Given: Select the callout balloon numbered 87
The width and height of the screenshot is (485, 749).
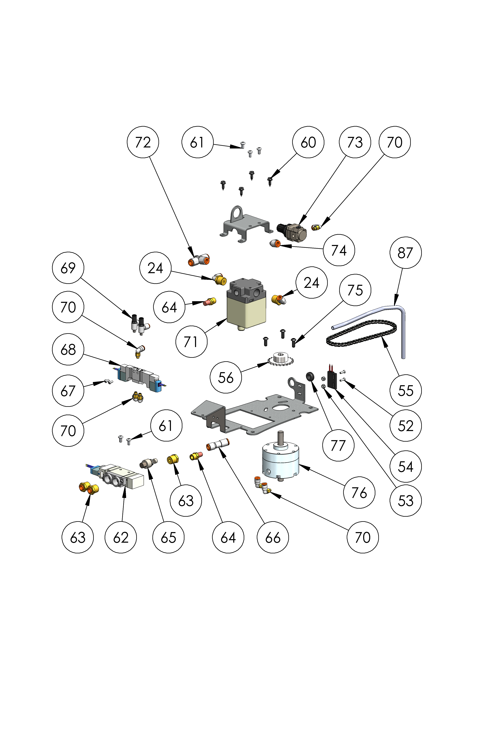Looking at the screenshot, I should [x=405, y=253].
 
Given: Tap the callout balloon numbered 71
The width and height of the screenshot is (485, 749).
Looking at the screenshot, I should [x=191, y=342].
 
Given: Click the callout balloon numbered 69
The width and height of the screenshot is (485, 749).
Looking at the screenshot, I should [x=68, y=268].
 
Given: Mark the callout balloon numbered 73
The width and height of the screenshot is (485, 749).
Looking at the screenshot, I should [x=355, y=142].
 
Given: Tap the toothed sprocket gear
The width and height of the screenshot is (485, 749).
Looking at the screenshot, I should [x=280, y=359].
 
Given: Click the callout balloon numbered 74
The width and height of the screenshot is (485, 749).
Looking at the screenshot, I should [x=339, y=250].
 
